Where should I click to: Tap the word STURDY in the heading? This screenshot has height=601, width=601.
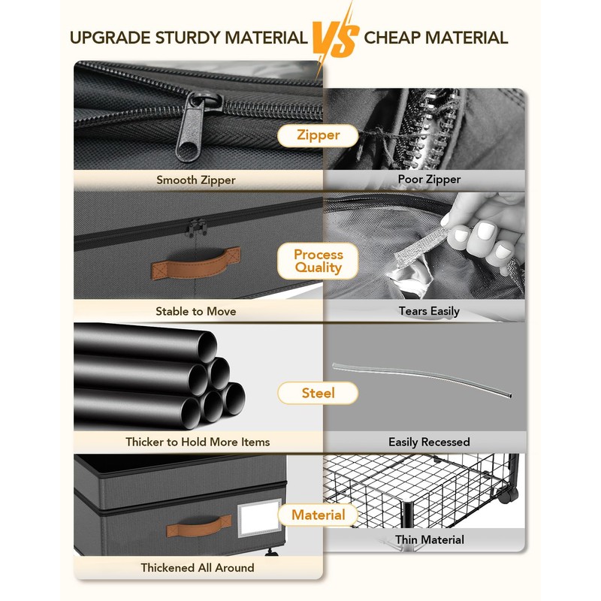point(187,38)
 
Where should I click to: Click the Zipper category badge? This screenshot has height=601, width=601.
point(318,135)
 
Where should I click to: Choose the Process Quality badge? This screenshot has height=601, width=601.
point(318,261)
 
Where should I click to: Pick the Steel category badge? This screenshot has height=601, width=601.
point(318,393)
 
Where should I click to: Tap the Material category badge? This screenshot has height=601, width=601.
point(318,515)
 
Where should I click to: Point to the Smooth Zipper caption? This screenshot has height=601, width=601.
point(196,180)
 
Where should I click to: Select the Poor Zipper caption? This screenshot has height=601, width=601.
point(429,179)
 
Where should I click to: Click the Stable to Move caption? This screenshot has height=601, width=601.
point(195,311)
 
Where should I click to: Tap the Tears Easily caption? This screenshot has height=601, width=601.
point(429,311)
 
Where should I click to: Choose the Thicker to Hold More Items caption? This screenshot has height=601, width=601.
point(198,442)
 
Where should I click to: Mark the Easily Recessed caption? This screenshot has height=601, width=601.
point(429,442)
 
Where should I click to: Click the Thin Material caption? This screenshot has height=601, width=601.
point(429,539)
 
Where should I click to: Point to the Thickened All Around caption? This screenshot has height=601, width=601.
point(197,568)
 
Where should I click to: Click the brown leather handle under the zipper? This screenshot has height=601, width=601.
point(196,264)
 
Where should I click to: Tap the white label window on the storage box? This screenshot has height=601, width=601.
point(259,517)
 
